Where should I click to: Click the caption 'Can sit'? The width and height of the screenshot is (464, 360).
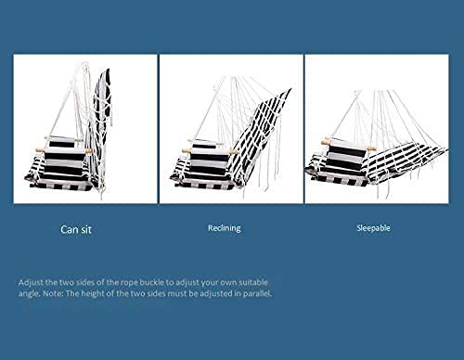pyautogui.click(x=76, y=229)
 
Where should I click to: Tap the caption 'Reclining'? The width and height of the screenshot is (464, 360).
pyautogui.click(x=225, y=228)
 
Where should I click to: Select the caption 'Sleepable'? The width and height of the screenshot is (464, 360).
pyautogui.click(x=373, y=228)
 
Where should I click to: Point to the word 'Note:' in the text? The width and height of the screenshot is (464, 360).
pyautogui.click(x=53, y=293)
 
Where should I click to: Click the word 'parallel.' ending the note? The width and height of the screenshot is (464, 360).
pyautogui.click(x=258, y=293)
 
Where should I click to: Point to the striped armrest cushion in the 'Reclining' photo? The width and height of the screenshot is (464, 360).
pyautogui.click(x=208, y=157)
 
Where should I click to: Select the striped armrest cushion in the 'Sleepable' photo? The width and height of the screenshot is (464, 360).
pyautogui.click(x=347, y=157)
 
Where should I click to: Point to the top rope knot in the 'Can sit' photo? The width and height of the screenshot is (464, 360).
pyautogui.click(x=84, y=66)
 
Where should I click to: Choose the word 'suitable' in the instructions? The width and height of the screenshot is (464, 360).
pyautogui.click(x=253, y=282)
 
